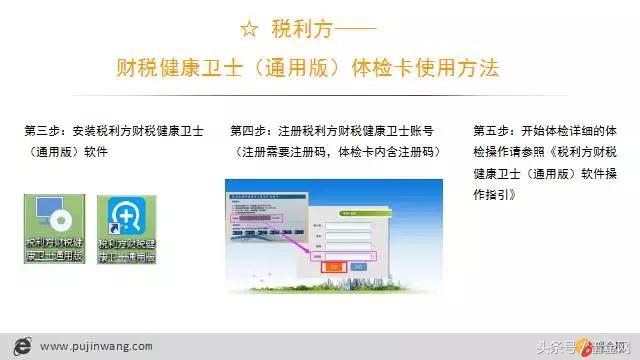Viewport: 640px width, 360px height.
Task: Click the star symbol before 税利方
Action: click(x=250, y=27)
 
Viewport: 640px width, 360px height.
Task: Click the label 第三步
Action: click(x=45, y=130)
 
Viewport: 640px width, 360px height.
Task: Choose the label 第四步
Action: click(x=250, y=130)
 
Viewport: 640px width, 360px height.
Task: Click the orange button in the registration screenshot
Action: click(x=332, y=267)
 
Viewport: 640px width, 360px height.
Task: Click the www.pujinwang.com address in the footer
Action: click(x=98, y=346)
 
